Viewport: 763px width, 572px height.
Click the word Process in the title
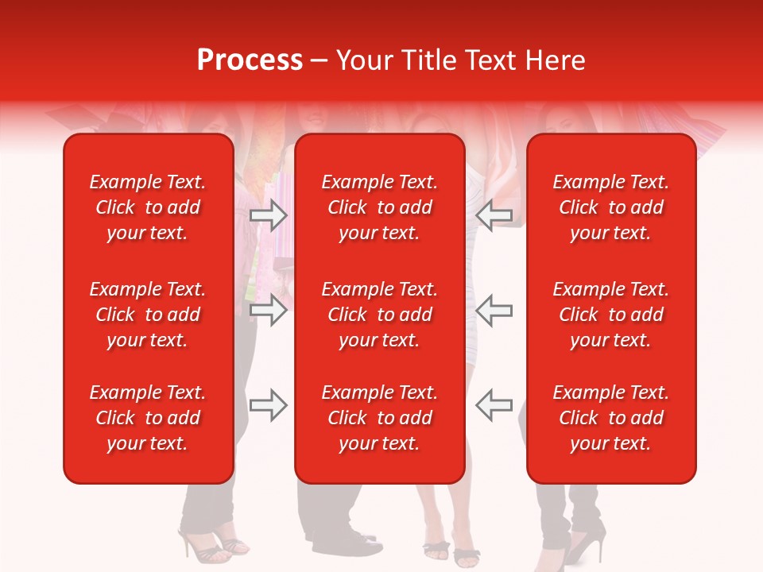tap(250, 60)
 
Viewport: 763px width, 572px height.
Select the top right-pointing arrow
tap(269, 214)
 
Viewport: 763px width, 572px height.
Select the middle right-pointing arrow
tap(269, 310)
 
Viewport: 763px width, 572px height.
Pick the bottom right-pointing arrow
tap(269, 406)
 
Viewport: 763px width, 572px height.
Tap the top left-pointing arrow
tap(494, 214)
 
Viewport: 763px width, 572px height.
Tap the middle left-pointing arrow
tap(494, 310)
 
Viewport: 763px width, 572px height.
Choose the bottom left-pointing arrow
tap(494, 404)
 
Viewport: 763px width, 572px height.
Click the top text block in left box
tap(148, 207)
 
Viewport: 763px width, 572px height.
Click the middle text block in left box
tap(148, 315)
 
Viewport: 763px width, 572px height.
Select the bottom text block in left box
tap(148, 418)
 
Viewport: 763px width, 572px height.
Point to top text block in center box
tap(380, 207)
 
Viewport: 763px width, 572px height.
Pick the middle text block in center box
tap(380, 315)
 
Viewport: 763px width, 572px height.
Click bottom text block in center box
tap(380, 418)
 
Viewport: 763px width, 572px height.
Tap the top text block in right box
tap(611, 207)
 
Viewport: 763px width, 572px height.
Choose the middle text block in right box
tap(611, 315)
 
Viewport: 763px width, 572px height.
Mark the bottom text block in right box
tap(611, 418)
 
